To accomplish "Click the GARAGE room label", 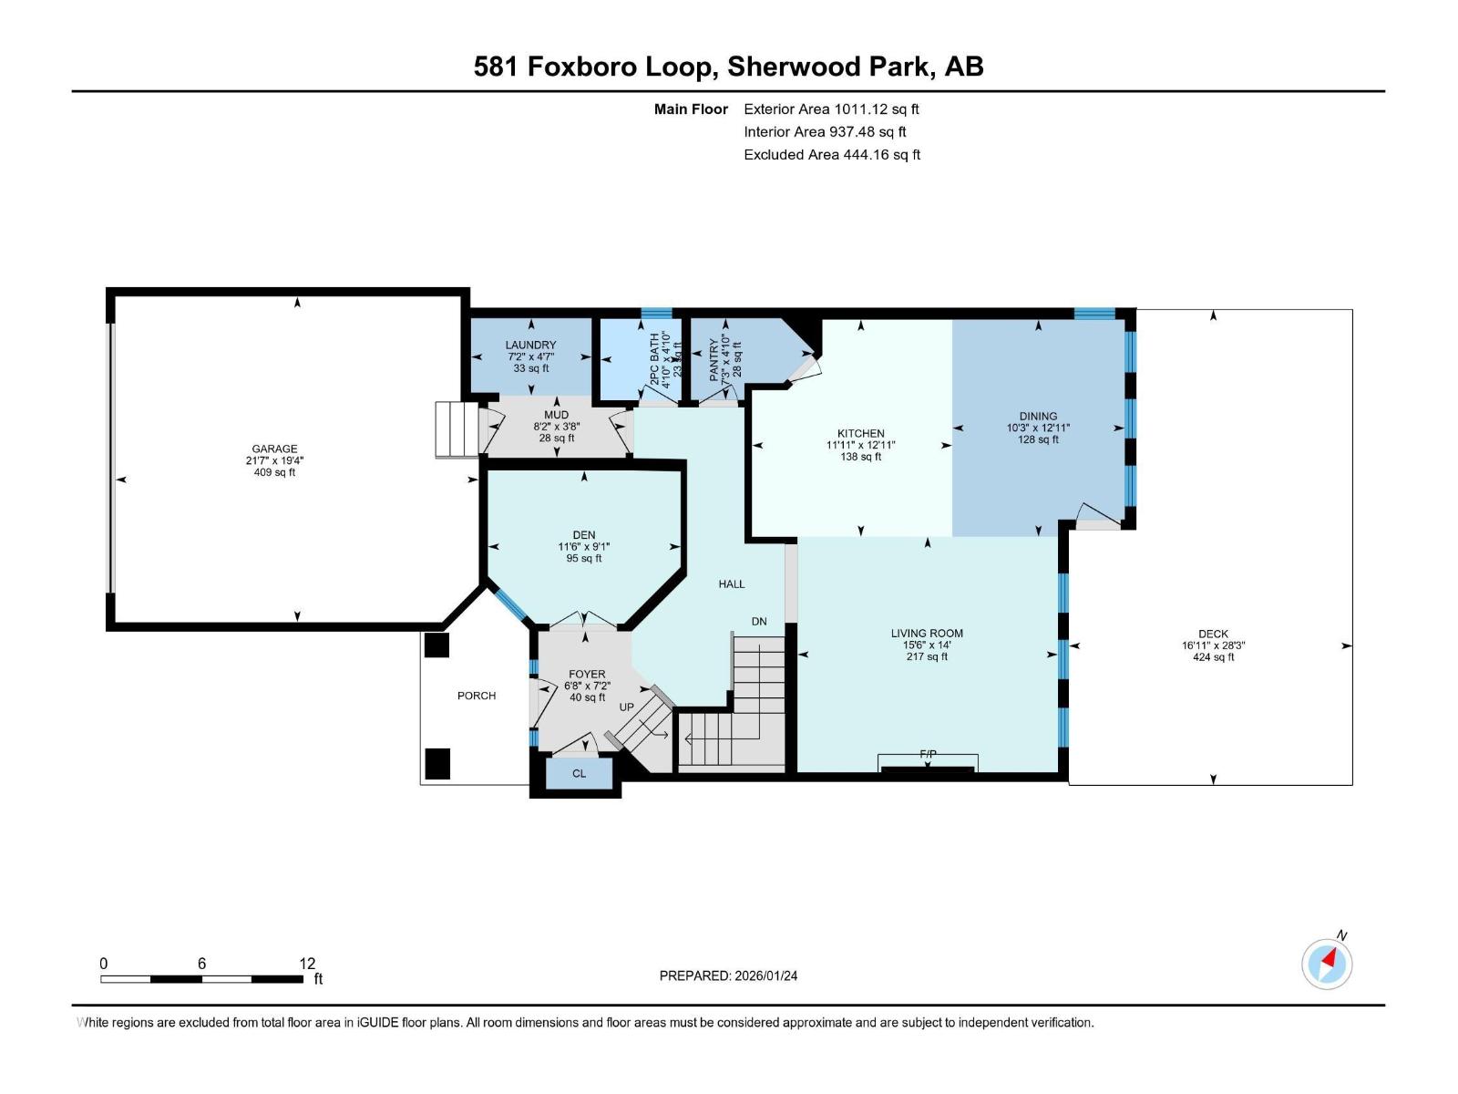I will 274,449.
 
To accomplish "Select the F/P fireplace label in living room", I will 928,754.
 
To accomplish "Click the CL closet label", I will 579,774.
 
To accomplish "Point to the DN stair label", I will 759,622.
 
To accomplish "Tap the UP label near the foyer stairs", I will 627,707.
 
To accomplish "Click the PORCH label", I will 477,696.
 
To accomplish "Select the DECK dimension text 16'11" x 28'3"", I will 1213,645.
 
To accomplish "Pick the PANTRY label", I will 715,359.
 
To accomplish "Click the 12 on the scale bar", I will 307,964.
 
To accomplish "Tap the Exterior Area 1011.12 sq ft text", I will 831,109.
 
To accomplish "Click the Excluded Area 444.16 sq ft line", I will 831,155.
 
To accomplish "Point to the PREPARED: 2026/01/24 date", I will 728,975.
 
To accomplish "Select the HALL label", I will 731,584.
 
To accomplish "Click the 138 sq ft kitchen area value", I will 860,457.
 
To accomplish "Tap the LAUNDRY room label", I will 530,345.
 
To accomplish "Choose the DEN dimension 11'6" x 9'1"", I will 584,547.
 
